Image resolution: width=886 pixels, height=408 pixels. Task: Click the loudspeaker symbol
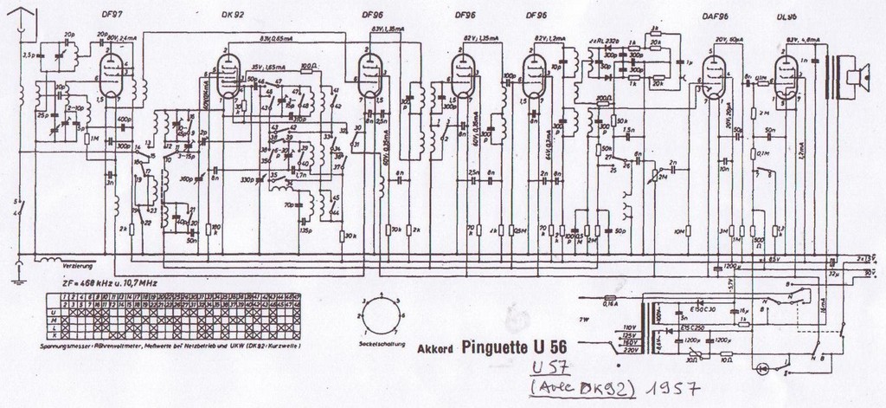pos(853,76)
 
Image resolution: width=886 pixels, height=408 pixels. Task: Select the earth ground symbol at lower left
pos(19,275)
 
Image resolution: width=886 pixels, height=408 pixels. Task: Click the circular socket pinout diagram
pos(380,317)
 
